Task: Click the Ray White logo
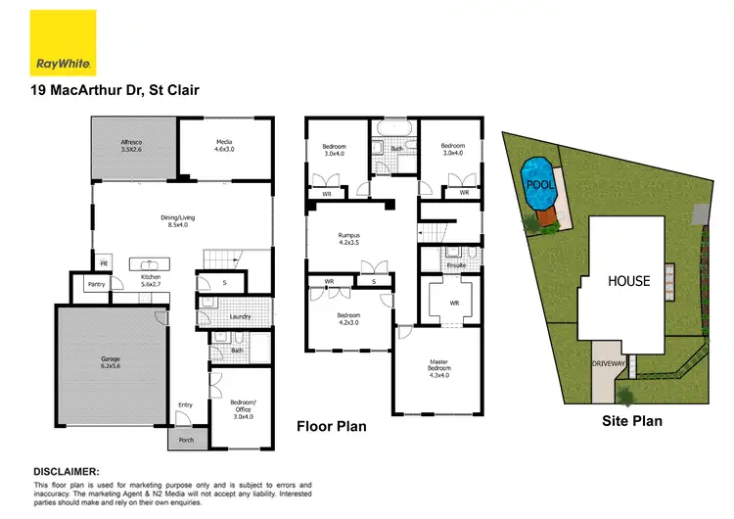(64, 42)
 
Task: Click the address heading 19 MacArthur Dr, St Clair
(116, 91)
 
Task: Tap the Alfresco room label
(130, 146)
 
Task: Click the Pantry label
(96, 284)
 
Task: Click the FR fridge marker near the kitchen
(104, 263)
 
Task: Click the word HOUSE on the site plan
(628, 281)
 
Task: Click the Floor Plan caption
(331, 427)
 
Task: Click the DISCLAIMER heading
(73, 471)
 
